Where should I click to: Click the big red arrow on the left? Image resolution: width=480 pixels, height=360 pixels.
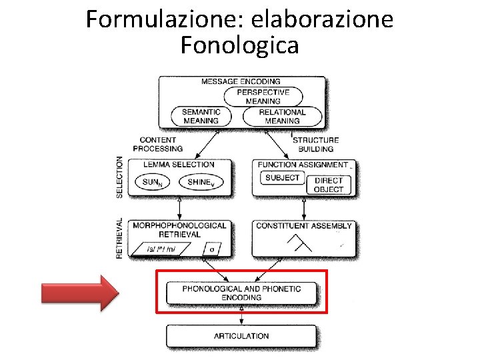coord(79,291)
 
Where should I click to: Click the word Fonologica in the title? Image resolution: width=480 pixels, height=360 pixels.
coord(239,45)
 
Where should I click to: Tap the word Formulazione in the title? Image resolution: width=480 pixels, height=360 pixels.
coord(164,19)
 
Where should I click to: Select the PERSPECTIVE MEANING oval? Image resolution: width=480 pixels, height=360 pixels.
coord(263,97)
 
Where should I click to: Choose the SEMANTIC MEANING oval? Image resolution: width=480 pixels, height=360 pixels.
coord(201,117)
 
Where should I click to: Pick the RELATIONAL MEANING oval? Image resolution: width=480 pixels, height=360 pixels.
coord(282,117)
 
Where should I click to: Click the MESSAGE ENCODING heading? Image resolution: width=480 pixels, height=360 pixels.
coord(241,81)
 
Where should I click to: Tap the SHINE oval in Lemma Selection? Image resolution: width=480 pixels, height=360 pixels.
coord(202,182)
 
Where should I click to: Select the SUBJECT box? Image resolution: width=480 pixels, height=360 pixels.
coord(282,178)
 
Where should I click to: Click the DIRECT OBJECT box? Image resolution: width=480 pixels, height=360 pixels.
coord(328,185)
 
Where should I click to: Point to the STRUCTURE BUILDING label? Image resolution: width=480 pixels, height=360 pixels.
coord(316,144)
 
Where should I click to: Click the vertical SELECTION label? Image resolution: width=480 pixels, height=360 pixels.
coord(120,177)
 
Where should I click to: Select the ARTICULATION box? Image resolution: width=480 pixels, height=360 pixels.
coord(241,336)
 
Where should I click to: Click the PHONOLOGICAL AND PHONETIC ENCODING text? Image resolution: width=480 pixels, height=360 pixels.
coord(241,293)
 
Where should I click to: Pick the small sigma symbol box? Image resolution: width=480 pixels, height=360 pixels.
coord(212,249)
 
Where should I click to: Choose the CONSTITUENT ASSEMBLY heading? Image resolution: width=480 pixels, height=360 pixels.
coord(304,226)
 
